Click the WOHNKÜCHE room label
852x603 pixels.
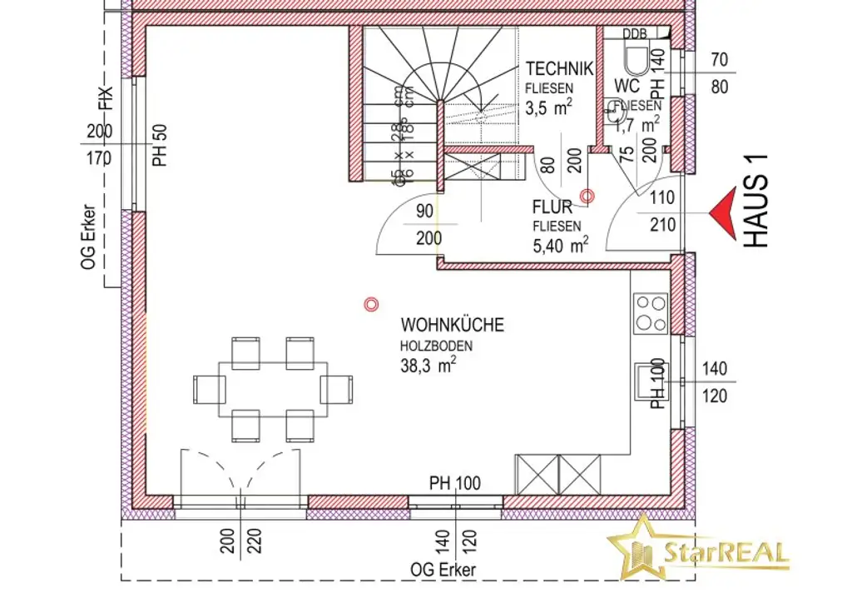click(452, 325)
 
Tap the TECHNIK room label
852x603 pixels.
click(559, 68)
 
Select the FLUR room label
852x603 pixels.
click(552, 207)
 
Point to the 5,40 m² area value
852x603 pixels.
click(561, 245)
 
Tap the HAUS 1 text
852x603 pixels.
click(755, 202)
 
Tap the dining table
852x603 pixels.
click(273, 389)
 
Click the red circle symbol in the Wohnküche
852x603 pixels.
click(371, 305)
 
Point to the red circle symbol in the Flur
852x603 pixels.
click(587, 197)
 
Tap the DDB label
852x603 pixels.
click(635, 34)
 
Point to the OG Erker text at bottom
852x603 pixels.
click(443, 571)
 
